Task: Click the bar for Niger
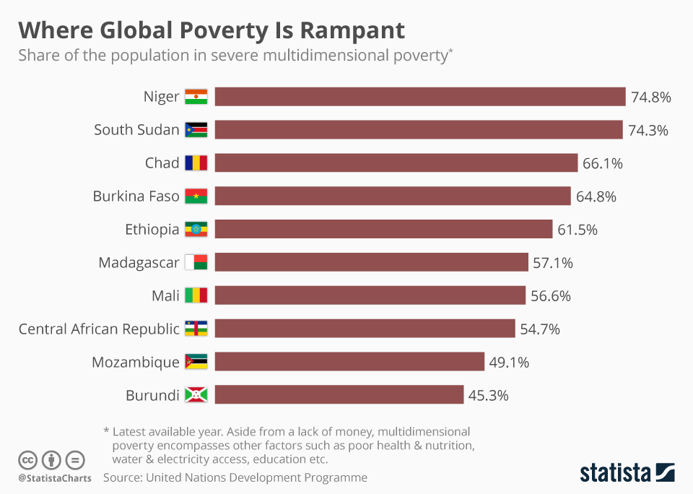click(419, 97)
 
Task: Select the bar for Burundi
click(339, 395)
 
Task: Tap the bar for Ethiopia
click(383, 230)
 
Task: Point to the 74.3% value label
click(648, 130)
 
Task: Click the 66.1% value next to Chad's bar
click(602, 163)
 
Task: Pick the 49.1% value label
click(509, 363)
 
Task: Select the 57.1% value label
click(552, 263)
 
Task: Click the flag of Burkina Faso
click(196, 196)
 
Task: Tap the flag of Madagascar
click(196, 263)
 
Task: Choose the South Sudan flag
click(196, 130)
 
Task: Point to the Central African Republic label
click(98, 329)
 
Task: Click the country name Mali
click(165, 296)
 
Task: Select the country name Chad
click(162, 163)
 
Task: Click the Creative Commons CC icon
click(27, 460)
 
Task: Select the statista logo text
click(615, 473)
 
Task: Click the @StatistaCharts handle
click(55, 478)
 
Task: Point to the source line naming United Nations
click(235, 477)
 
